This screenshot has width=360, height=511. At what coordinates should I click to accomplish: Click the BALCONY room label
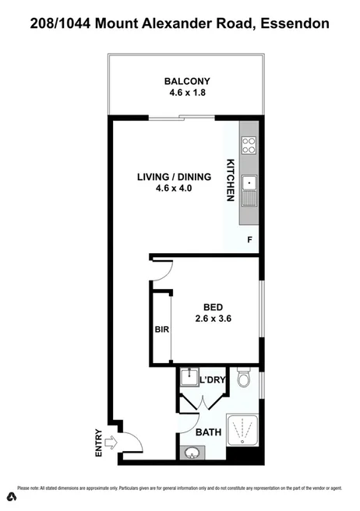tap(187, 81)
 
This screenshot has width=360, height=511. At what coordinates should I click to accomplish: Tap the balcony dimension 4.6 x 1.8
tap(187, 93)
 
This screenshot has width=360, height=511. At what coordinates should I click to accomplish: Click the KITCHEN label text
tap(231, 181)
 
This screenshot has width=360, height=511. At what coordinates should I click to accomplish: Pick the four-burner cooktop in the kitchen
tap(250, 145)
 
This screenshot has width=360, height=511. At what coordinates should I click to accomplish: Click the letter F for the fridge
tap(249, 240)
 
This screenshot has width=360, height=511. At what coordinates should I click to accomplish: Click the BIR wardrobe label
tap(163, 330)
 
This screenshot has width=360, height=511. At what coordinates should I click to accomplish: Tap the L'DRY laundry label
tap(212, 380)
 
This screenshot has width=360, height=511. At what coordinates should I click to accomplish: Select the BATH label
tap(208, 432)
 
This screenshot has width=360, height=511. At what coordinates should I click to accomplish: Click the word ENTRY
tap(98, 444)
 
